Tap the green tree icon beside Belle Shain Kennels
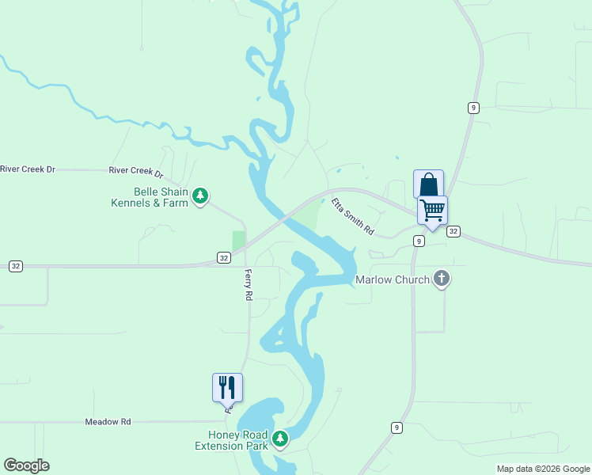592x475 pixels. click(201, 195)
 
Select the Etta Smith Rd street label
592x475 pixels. click(352, 215)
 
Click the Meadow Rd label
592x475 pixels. click(108, 422)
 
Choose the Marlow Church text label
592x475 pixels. click(392, 279)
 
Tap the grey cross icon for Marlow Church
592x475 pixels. click(442, 279)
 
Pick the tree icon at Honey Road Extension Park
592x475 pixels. click(279, 438)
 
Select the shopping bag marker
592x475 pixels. click(428, 185)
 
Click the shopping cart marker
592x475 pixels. click(432, 211)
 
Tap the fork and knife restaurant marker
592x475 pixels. click(227, 387)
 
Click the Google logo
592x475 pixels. click(26, 465)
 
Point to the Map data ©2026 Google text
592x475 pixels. click(543, 469)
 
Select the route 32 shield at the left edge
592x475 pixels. click(15, 266)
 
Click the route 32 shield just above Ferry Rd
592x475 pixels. click(224, 258)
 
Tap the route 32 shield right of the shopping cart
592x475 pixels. click(453, 231)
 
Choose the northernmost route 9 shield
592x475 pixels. click(472, 108)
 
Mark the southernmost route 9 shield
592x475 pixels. click(397, 427)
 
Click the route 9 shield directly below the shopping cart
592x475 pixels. click(418, 241)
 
